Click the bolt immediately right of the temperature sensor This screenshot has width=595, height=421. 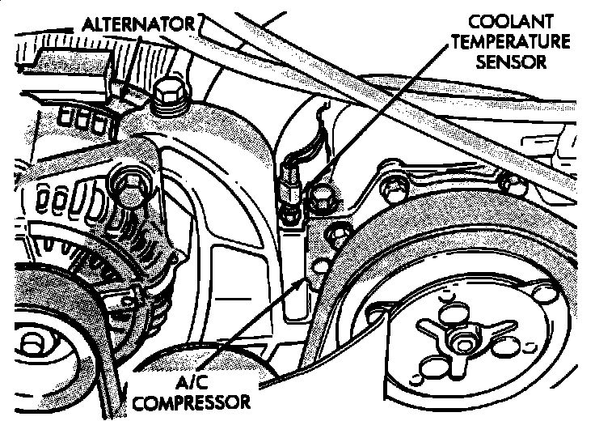pyautogui.click(x=319, y=195)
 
